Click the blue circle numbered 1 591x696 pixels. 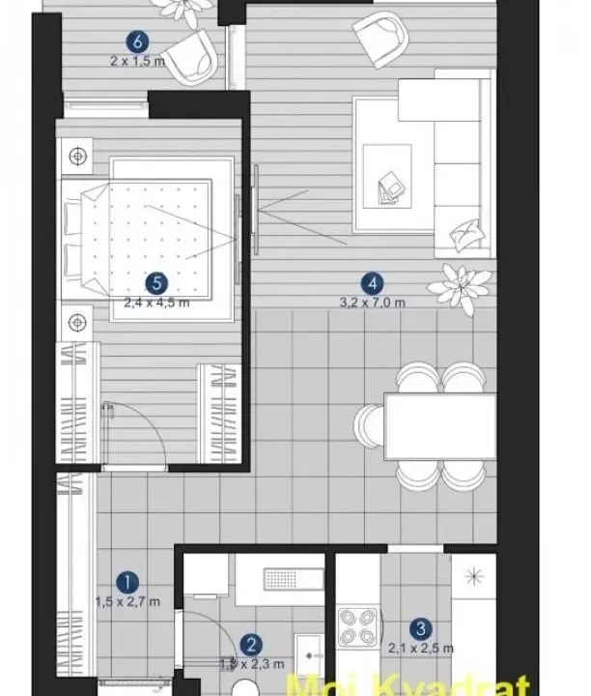[127, 582]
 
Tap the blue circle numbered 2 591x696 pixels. [251, 645]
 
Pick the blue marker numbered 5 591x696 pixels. [156, 283]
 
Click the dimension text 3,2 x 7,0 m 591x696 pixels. [372, 302]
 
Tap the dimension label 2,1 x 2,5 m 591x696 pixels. [418, 649]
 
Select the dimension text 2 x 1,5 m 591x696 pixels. [138, 59]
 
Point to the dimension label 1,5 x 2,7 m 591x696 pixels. [127, 601]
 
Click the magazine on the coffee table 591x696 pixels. [393, 184]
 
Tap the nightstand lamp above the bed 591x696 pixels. [76, 153]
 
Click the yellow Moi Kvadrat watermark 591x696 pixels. [426, 684]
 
